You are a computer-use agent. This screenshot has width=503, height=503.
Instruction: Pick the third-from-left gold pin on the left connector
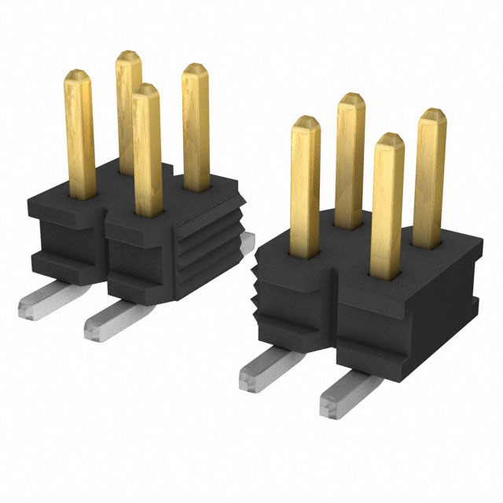pyautogui.click(x=147, y=149)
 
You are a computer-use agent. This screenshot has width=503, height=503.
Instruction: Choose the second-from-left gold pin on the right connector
pyautogui.click(x=351, y=157)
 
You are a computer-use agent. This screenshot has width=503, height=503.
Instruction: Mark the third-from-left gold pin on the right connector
pyautogui.click(x=387, y=204)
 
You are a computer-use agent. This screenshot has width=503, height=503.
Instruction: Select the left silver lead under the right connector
pyautogui.click(x=271, y=368)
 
